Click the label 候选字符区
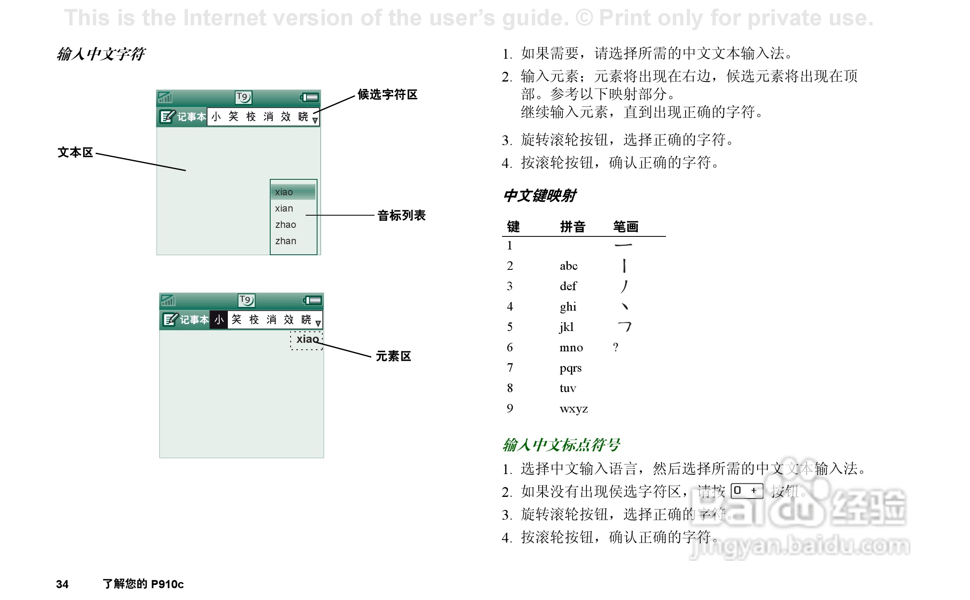[387, 95]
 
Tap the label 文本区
[75, 152]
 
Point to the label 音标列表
[401, 215]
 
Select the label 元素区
[393, 356]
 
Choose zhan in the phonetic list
[286, 241]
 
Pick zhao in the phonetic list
[286, 225]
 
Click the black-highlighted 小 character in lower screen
[219, 320]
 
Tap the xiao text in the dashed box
[307, 339]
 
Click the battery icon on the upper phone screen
[309, 97]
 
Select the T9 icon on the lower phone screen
[246, 300]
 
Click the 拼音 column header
[573, 227]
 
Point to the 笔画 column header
[626, 227]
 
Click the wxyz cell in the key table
[573, 408]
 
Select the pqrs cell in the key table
[570, 368]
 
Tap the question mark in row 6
[615, 347]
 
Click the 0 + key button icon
[746, 491]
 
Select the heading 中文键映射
[540, 196]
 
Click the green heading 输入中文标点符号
[561, 445]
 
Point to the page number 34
[62, 584]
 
